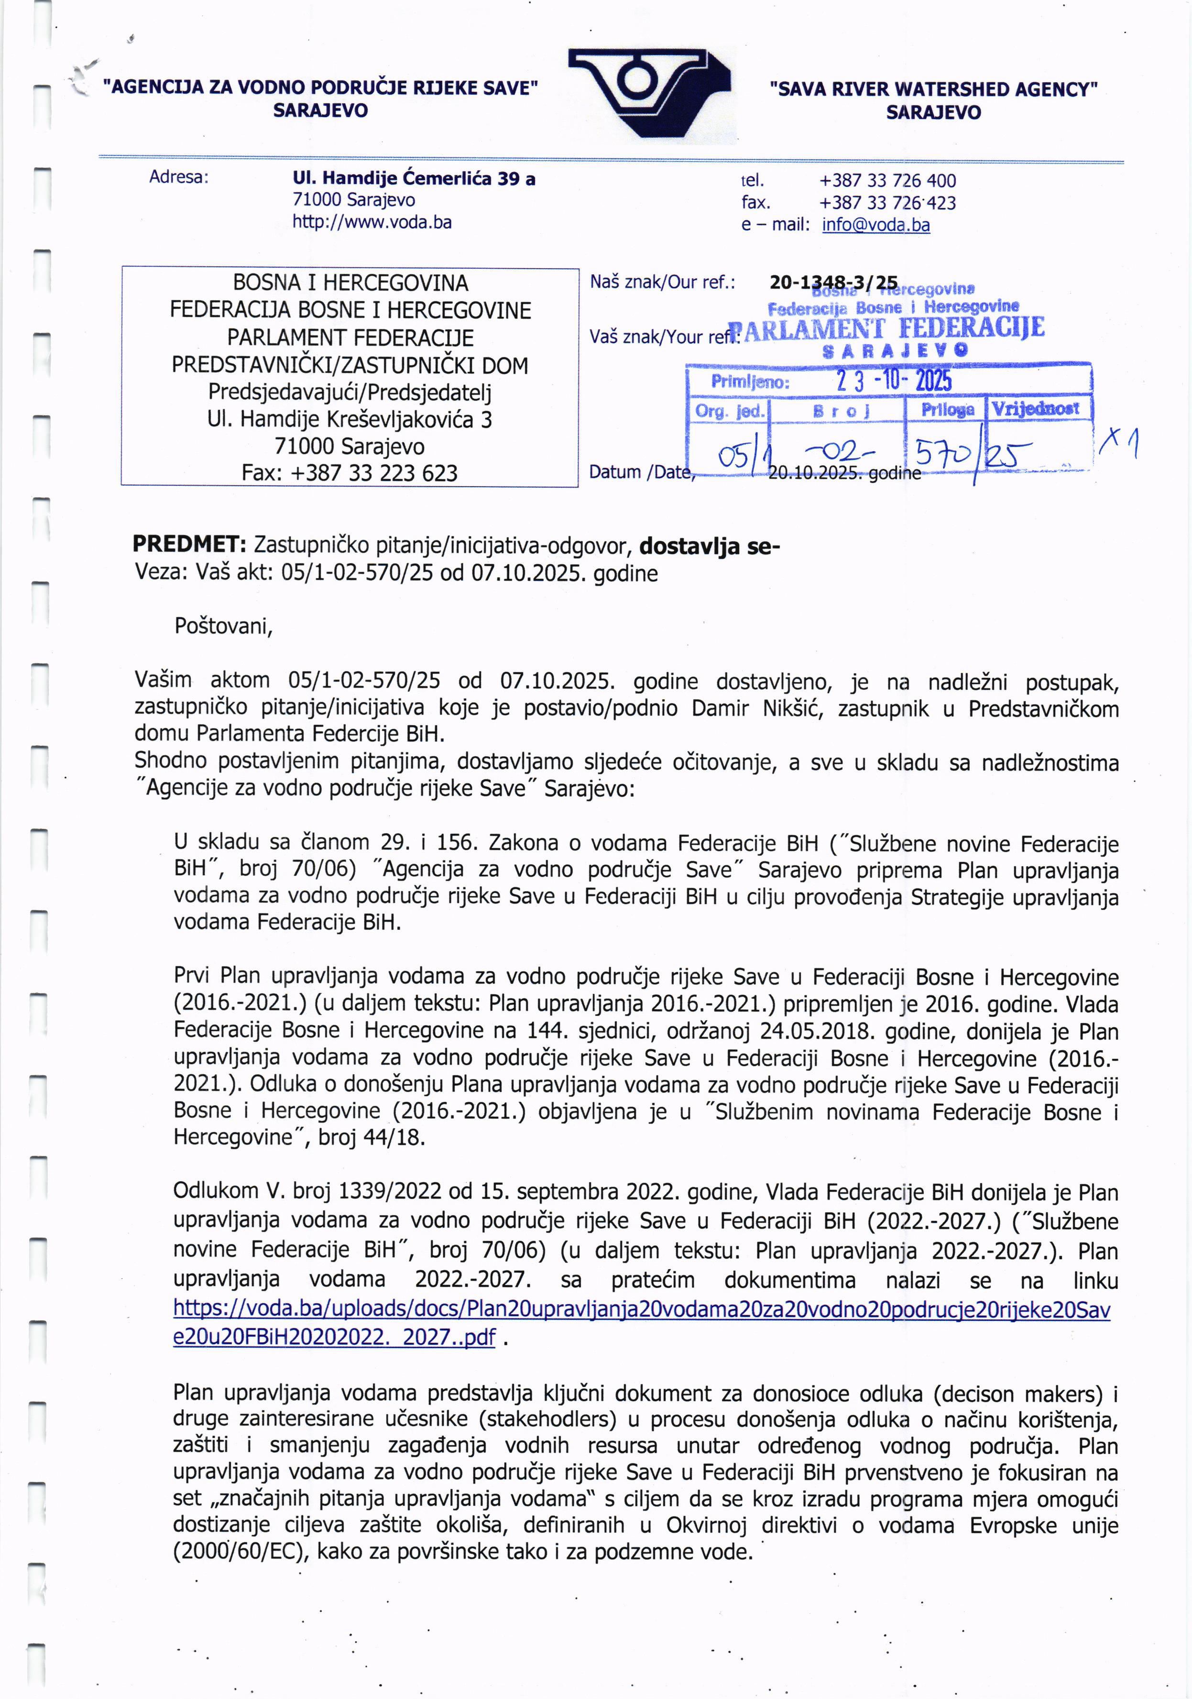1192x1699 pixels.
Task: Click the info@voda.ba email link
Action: point(875,225)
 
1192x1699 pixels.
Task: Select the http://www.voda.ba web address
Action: point(372,222)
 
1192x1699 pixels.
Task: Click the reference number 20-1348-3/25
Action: point(833,283)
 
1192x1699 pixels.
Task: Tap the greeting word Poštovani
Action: point(223,626)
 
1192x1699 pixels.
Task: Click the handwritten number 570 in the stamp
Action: point(942,451)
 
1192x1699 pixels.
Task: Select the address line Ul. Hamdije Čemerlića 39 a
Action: point(414,178)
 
